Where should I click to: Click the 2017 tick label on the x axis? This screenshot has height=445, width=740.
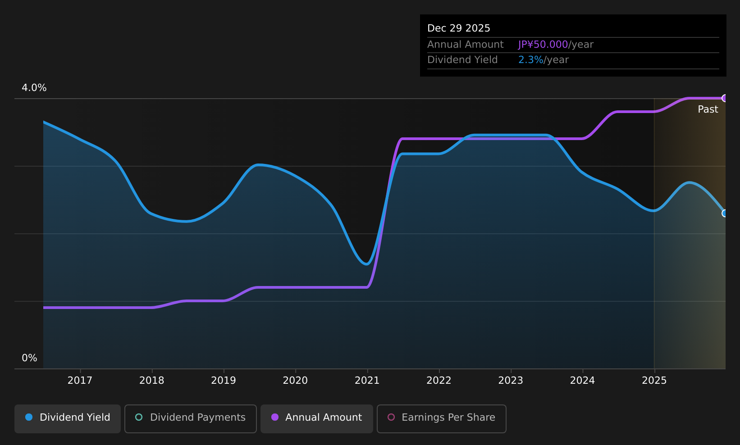tap(80, 381)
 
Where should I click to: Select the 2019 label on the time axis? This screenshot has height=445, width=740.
tap(224, 381)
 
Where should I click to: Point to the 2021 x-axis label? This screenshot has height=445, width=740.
tap(367, 381)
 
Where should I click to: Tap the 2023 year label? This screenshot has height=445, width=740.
tap(511, 381)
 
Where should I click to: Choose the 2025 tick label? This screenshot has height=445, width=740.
tap(654, 381)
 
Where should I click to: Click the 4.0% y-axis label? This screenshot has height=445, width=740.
tap(34, 88)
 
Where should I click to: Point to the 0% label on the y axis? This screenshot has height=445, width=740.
tap(29, 358)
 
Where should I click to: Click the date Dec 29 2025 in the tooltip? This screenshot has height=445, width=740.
tap(458, 28)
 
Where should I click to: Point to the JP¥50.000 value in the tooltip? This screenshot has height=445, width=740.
tap(543, 45)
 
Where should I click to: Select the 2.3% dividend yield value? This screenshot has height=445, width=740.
tap(530, 60)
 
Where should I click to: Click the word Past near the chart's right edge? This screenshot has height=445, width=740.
tap(708, 109)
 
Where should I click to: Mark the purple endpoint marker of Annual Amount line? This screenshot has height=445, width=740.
tap(724, 98)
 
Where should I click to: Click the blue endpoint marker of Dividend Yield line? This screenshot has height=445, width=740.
tap(724, 213)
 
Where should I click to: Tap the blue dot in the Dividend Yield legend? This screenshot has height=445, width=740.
tap(29, 417)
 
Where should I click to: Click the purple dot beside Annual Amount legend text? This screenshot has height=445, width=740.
tap(275, 417)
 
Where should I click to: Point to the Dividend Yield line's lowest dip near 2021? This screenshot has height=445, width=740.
tap(367, 264)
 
